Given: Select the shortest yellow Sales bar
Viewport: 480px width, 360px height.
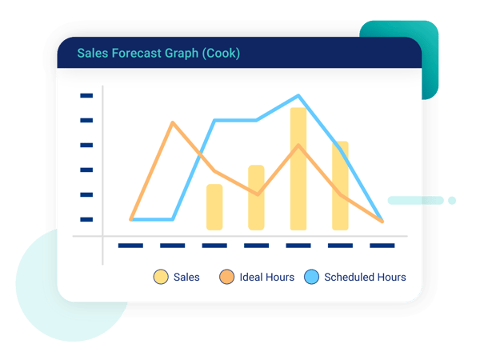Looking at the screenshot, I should [214, 207].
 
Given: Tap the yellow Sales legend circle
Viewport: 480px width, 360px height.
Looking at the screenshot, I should [161, 278].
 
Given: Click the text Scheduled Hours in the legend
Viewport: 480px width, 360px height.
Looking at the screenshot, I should [365, 278].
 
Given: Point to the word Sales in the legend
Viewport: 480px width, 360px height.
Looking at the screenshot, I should [186, 278].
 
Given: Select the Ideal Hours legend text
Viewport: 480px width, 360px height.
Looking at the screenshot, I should [267, 278].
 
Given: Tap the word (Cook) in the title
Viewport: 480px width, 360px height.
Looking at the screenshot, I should [221, 54].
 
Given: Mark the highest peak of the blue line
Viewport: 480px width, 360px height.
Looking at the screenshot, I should [298, 95].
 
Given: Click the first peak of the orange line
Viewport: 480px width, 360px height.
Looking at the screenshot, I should [173, 122].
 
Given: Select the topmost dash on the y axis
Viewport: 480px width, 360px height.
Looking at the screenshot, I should [86, 95].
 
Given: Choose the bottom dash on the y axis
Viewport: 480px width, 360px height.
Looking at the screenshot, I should [86, 219].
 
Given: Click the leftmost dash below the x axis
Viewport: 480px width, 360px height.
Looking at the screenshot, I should [130, 245].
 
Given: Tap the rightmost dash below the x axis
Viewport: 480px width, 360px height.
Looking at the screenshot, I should [382, 245].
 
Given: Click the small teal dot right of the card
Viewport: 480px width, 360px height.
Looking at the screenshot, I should [451, 200].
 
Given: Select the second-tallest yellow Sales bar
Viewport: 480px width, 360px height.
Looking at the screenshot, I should [340, 186].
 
